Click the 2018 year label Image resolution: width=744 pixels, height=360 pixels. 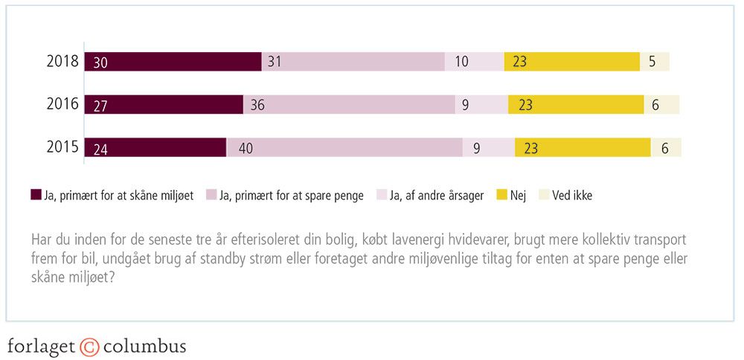pyautogui.click(x=62, y=62)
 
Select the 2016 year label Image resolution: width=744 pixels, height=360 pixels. pyautogui.click(x=62, y=104)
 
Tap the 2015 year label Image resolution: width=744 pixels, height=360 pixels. pyautogui.click(x=62, y=147)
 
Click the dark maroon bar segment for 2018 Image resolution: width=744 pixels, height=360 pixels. pyautogui.click(x=173, y=62)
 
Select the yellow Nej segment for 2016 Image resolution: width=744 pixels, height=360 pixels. pyautogui.click(x=576, y=105)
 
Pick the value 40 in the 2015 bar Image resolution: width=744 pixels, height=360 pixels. pyautogui.click(x=246, y=148)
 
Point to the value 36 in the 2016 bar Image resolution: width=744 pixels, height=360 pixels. pyautogui.click(x=257, y=106)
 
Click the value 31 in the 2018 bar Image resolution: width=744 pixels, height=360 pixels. pyautogui.click(x=274, y=62)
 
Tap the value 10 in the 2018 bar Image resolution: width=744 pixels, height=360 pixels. pyautogui.click(x=461, y=62)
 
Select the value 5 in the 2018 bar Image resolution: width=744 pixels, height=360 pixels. pyautogui.click(x=652, y=62)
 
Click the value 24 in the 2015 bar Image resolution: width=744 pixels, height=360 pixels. pyautogui.click(x=100, y=148)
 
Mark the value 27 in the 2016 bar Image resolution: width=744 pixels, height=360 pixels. pyautogui.click(x=100, y=106)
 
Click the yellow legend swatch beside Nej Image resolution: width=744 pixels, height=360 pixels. pyautogui.click(x=502, y=196)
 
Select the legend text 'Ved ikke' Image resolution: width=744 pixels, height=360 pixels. pyautogui.click(x=572, y=196)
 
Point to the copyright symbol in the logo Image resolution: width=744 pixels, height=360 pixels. pyautogui.click(x=89, y=347)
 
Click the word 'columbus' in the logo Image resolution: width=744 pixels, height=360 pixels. pyautogui.click(x=144, y=347)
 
